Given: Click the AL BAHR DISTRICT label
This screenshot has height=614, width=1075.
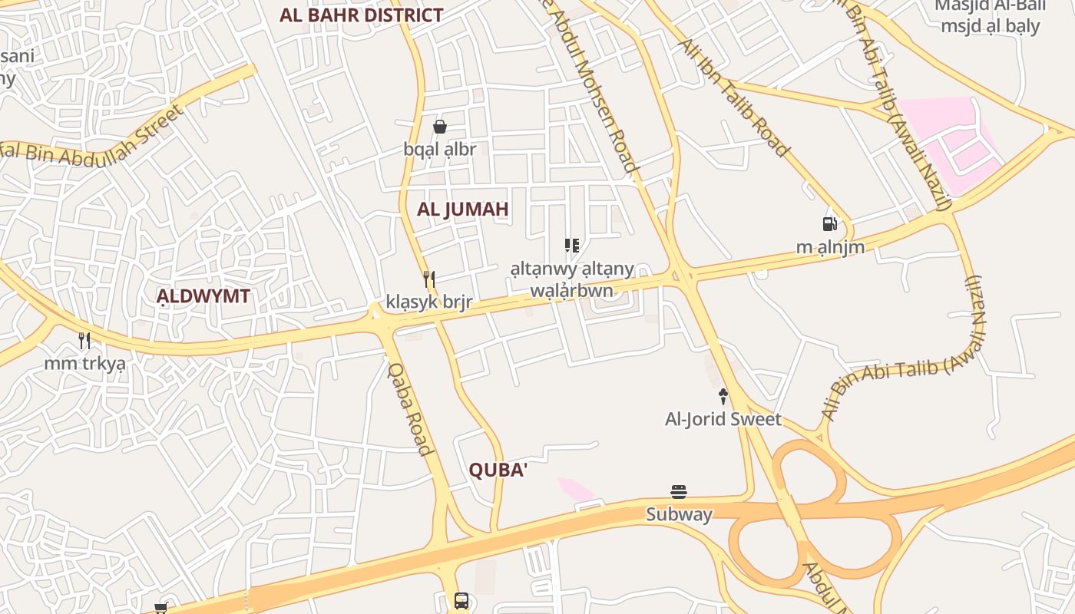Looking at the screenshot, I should [x=361, y=15].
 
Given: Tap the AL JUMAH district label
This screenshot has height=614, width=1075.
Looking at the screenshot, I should [x=463, y=209].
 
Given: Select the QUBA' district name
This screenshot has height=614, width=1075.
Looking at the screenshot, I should [x=498, y=470].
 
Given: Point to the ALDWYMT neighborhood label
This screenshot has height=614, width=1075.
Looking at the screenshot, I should [x=203, y=296].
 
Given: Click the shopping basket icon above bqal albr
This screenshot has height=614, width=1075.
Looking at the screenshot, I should [x=440, y=127].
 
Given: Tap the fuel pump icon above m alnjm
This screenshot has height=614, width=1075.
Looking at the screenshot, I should [x=829, y=224].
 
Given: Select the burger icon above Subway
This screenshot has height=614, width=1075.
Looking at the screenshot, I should [x=679, y=492].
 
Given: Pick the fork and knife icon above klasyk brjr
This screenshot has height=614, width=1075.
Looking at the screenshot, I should [x=429, y=279].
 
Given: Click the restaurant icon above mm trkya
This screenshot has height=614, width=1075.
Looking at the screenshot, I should [x=84, y=340].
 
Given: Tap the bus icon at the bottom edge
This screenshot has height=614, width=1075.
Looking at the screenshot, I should [x=461, y=601].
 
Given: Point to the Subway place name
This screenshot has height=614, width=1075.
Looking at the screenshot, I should [x=679, y=514].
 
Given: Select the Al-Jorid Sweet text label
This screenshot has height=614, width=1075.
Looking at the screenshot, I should [x=723, y=419].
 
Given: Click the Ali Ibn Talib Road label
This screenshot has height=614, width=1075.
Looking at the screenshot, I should [x=733, y=98].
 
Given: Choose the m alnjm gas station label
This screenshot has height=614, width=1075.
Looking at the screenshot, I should [x=830, y=247].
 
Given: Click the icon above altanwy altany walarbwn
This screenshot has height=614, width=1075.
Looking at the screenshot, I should [x=571, y=246].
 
